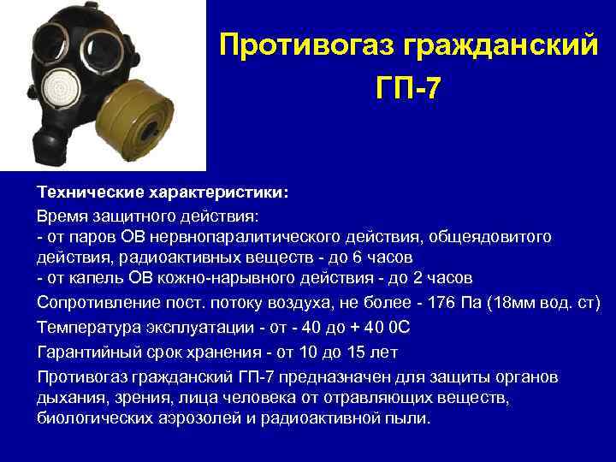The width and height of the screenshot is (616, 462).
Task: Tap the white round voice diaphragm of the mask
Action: coord(59,90)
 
